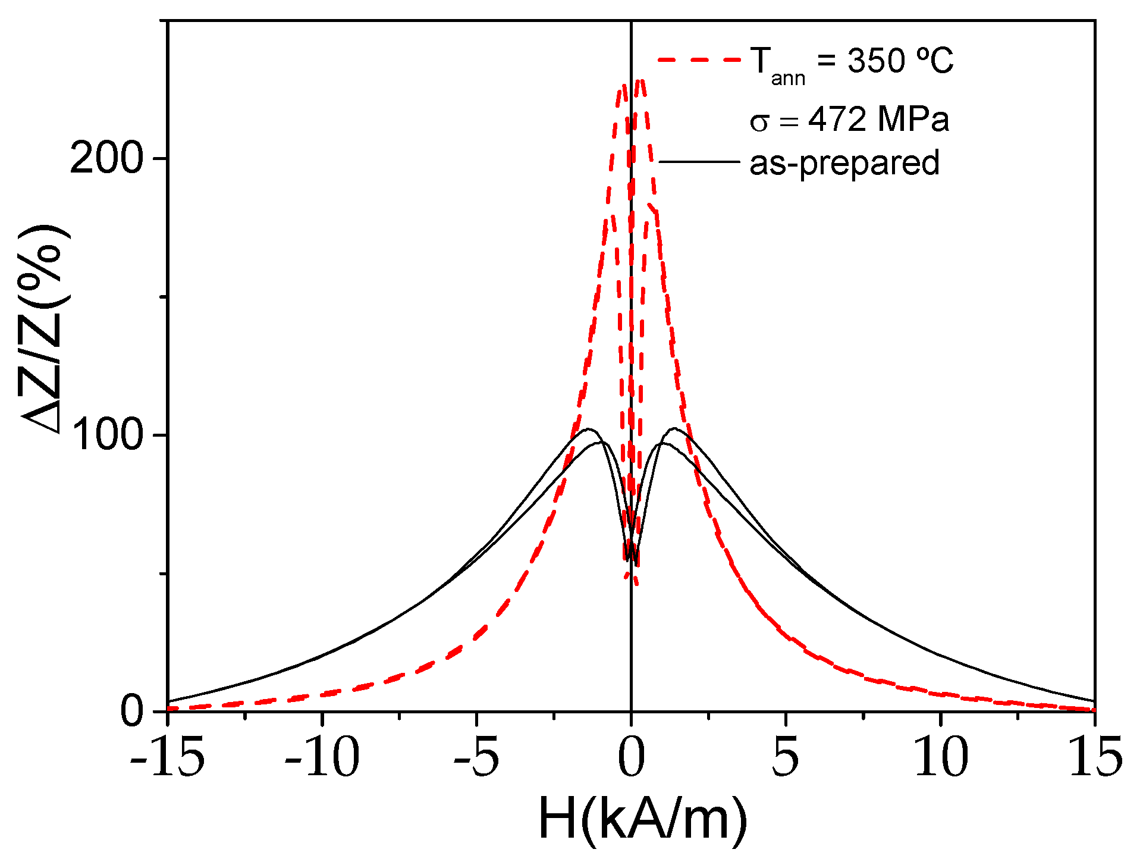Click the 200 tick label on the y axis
107,159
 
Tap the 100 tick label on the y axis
107,435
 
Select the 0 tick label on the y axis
132,711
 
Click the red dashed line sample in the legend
699,59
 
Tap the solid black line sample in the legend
699,161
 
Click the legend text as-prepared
844,163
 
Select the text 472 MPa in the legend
878,120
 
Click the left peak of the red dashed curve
623,85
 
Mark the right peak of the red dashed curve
640,82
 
